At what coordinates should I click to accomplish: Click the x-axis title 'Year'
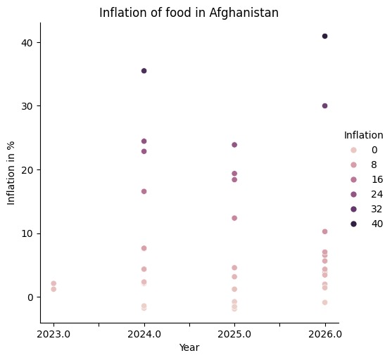pos(189,347)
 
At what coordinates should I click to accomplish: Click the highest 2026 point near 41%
pos(324,36)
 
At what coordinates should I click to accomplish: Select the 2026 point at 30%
pos(324,105)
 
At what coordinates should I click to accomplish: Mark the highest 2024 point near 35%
pos(144,71)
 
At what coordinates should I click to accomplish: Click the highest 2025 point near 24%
pos(234,145)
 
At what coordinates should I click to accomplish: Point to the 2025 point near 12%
pos(234,218)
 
